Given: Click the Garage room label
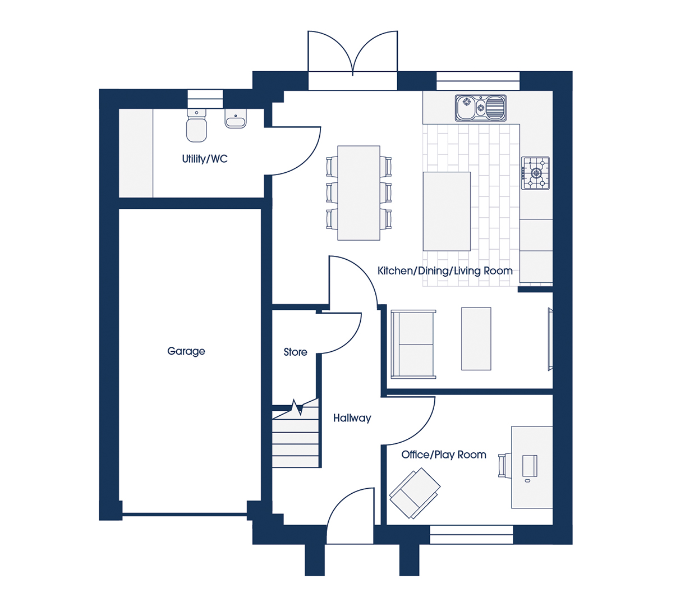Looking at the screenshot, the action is point(186,351).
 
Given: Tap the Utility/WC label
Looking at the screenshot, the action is point(205,159).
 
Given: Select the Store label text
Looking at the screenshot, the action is point(295,352).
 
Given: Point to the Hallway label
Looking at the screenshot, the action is point(352,418).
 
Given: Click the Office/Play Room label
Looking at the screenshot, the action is point(444,454).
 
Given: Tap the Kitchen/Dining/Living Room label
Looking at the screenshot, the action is point(445,270).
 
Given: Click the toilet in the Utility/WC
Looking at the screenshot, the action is point(196,125).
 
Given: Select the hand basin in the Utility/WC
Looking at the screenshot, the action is point(236,118).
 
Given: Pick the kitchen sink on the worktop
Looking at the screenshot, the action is point(480,108).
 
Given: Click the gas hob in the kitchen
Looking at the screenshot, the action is point(535,173).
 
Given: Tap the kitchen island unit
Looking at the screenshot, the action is point(447,212).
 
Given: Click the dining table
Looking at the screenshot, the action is point(358,193).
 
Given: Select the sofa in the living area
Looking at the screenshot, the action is point(413,344).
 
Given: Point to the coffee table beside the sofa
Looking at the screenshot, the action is point(476,338).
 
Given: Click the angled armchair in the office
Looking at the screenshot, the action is point(415,493).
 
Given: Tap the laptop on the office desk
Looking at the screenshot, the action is point(530,466).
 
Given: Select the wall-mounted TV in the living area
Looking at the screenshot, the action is point(550,339).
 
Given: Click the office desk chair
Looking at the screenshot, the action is point(504,466).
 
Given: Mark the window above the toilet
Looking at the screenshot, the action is point(205,99).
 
